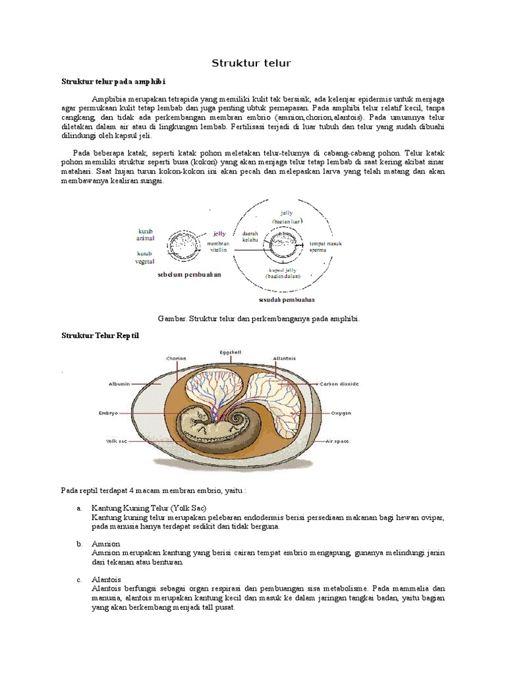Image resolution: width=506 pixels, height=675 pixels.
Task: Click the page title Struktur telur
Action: tap(250, 63)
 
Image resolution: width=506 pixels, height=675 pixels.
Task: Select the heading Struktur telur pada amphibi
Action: tap(113, 82)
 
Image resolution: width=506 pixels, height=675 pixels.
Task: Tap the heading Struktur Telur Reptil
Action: tap(100, 336)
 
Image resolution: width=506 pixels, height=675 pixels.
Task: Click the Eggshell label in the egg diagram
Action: tap(231, 353)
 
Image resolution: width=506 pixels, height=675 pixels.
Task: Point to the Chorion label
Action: tap(177, 359)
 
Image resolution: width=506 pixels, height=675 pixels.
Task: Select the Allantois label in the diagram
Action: tap(285, 359)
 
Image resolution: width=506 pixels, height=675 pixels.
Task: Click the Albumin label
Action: tap(121, 382)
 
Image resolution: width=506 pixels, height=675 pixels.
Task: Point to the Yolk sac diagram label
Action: tap(116, 441)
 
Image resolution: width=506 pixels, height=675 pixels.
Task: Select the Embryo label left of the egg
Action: tap(108, 413)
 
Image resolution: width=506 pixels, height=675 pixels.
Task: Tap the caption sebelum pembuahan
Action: tap(189, 274)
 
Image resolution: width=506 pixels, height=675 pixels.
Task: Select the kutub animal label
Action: tap(145, 235)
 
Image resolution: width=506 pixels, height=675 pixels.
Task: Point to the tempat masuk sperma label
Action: tap(326, 247)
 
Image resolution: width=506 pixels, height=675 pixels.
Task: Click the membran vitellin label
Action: tap(218, 247)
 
